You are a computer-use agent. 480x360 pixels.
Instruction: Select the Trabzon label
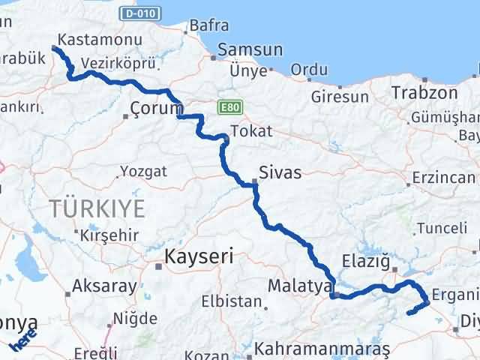pyautogui.click(x=424, y=93)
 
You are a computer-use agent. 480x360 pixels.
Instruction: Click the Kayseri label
pyautogui.click(x=199, y=256)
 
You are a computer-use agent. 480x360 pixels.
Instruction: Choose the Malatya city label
pyautogui.click(x=300, y=286)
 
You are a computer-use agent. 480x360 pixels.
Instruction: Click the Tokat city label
pyautogui.click(x=251, y=131)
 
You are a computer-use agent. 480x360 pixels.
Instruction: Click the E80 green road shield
pyautogui.click(x=229, y=108)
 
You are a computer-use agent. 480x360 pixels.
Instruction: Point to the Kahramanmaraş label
pyautogui.click(x=322, y=349)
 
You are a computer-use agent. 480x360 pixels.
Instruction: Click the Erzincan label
pyautogui.click(x=443, y=178)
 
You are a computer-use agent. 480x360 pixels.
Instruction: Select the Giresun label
pyautogui.click(x=340, y=97)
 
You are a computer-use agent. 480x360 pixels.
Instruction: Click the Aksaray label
pyautogui.click(x=104, y=286)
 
